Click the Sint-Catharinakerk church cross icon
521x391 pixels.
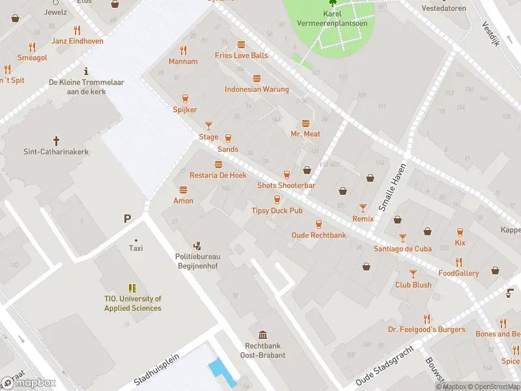[x=56, y=140]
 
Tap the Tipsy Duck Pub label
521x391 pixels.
[x=277, y=210]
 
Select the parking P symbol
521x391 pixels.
[x=127, y=219]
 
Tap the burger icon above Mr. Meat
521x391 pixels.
[x=305, y=123]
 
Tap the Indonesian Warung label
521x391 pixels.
[x=257, y=89]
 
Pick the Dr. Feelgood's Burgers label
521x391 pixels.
[x=427, y=329]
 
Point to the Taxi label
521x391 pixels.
[x=136, y=248]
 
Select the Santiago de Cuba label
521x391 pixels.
[x=402, y=249]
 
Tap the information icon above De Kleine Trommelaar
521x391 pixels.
[x=86, y=70]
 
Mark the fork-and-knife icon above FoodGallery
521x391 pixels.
[x=458, y=262]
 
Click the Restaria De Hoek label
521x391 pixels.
[x=218, y=175]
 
